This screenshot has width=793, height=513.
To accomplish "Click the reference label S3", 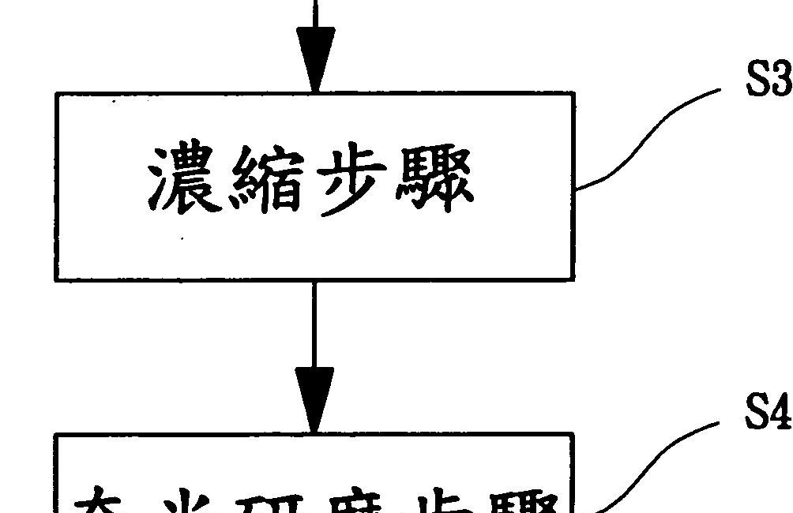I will click(x=769, y=80).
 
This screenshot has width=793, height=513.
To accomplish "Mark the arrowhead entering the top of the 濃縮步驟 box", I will click(x=315, y=60).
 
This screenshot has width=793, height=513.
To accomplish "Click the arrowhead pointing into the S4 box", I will click(x=314, y=399).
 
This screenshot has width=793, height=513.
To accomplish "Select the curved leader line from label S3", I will click(x=648, y=134).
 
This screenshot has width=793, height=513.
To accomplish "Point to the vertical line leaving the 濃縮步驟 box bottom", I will click(x=314, y=324).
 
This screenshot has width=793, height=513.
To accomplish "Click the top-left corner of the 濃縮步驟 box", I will click(x=56, y=94).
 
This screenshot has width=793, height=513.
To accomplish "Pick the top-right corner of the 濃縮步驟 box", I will click(x=573, y=94).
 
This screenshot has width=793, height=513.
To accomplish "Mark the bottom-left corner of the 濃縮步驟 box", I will click(x=56, y=279).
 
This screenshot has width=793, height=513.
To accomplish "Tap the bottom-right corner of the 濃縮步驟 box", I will click(x=573, y=279).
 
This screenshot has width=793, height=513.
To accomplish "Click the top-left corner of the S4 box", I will click(x=56, y=434).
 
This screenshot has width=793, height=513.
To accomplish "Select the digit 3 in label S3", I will click(x=781, y=80).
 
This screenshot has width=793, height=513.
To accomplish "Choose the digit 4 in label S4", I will click(x=781, y=413).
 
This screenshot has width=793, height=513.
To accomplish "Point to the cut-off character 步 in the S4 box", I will click(x=430, y=501).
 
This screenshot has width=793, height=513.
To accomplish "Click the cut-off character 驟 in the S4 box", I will click(x=521, y=501).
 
